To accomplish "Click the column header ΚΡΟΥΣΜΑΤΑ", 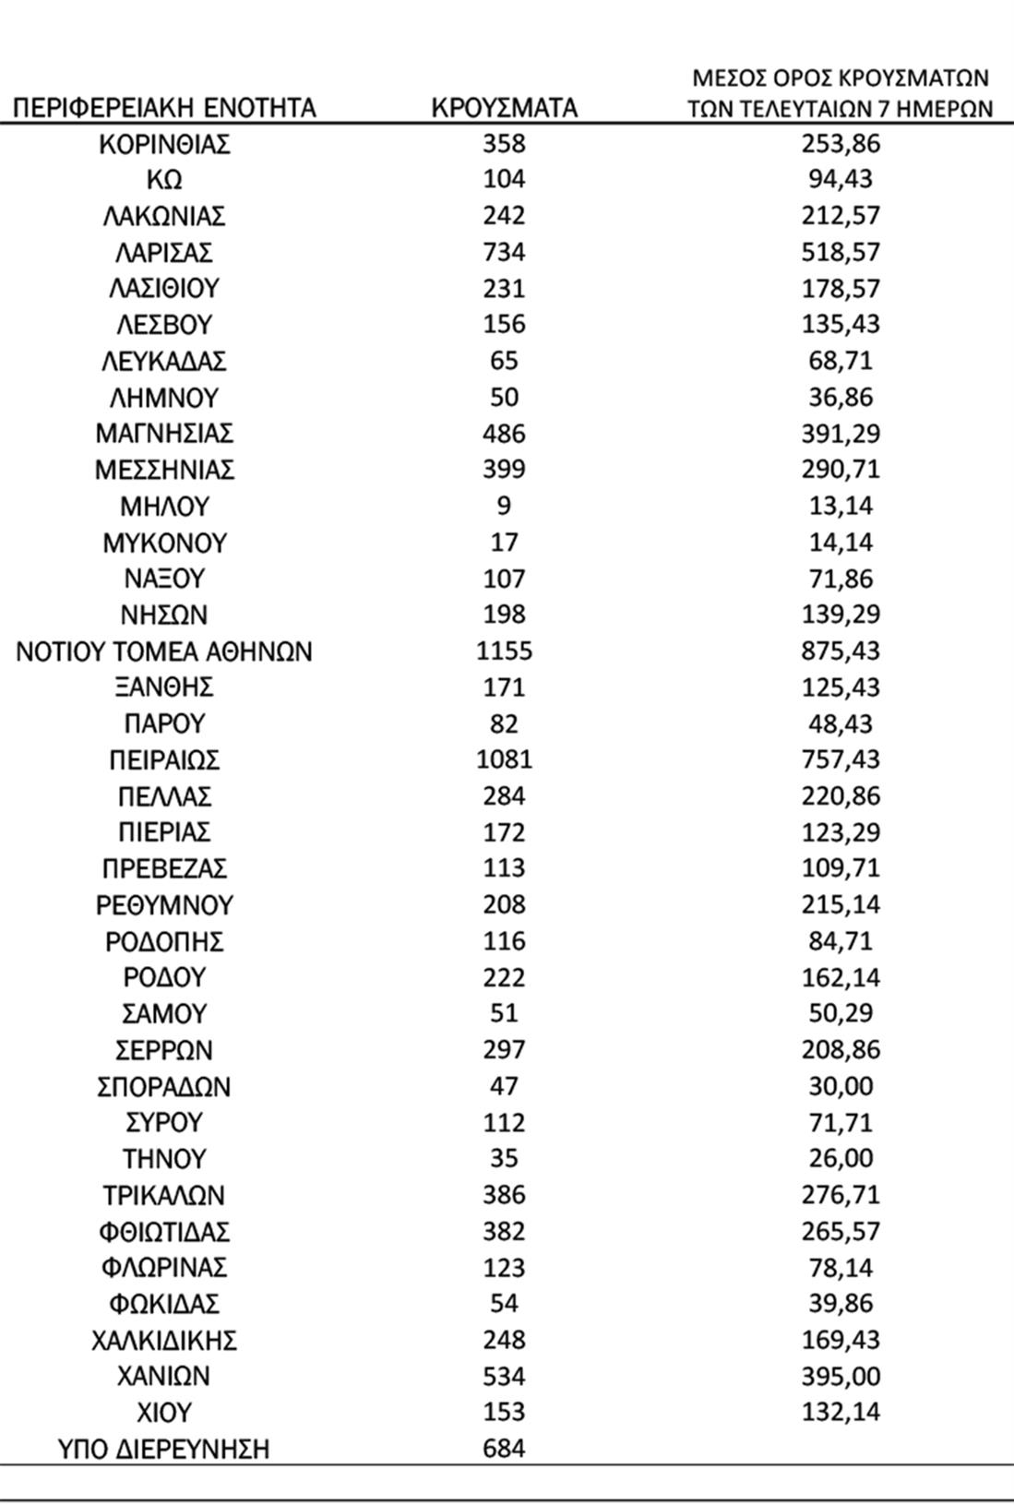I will tap(504, 108).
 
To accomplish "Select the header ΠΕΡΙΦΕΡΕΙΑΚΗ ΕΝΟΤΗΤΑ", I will tap(165, 108).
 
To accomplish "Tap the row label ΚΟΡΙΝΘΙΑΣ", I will tap(164, 144).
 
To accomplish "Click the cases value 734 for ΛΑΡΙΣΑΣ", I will tap(504, 252).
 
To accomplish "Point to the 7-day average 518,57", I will tap(841, 252).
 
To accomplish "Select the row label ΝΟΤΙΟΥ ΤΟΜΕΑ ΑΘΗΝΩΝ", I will tap(164, 651).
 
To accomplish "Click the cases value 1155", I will tap(504, 651).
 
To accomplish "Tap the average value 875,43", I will tap(841, 651).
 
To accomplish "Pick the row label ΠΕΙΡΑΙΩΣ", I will tap(164, 760).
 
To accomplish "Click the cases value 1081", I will tap(504, 760).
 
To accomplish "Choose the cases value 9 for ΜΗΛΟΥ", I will tap(504, 506).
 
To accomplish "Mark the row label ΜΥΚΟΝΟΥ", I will tap(164, 543).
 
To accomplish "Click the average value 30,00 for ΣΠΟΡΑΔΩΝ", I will tap(841, 1086).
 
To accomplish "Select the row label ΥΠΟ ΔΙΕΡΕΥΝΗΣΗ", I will tap(164, 1449).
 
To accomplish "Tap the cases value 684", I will tap(504, 1449).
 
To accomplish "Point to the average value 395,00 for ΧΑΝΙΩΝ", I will tap(841, 1376).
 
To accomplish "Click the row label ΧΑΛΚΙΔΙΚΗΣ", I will tap(164, 1340).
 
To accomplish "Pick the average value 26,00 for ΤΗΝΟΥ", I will tap(841, 1159).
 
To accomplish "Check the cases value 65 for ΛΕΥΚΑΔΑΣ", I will tap(504, 361).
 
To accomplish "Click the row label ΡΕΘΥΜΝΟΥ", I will tap(164, 905).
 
